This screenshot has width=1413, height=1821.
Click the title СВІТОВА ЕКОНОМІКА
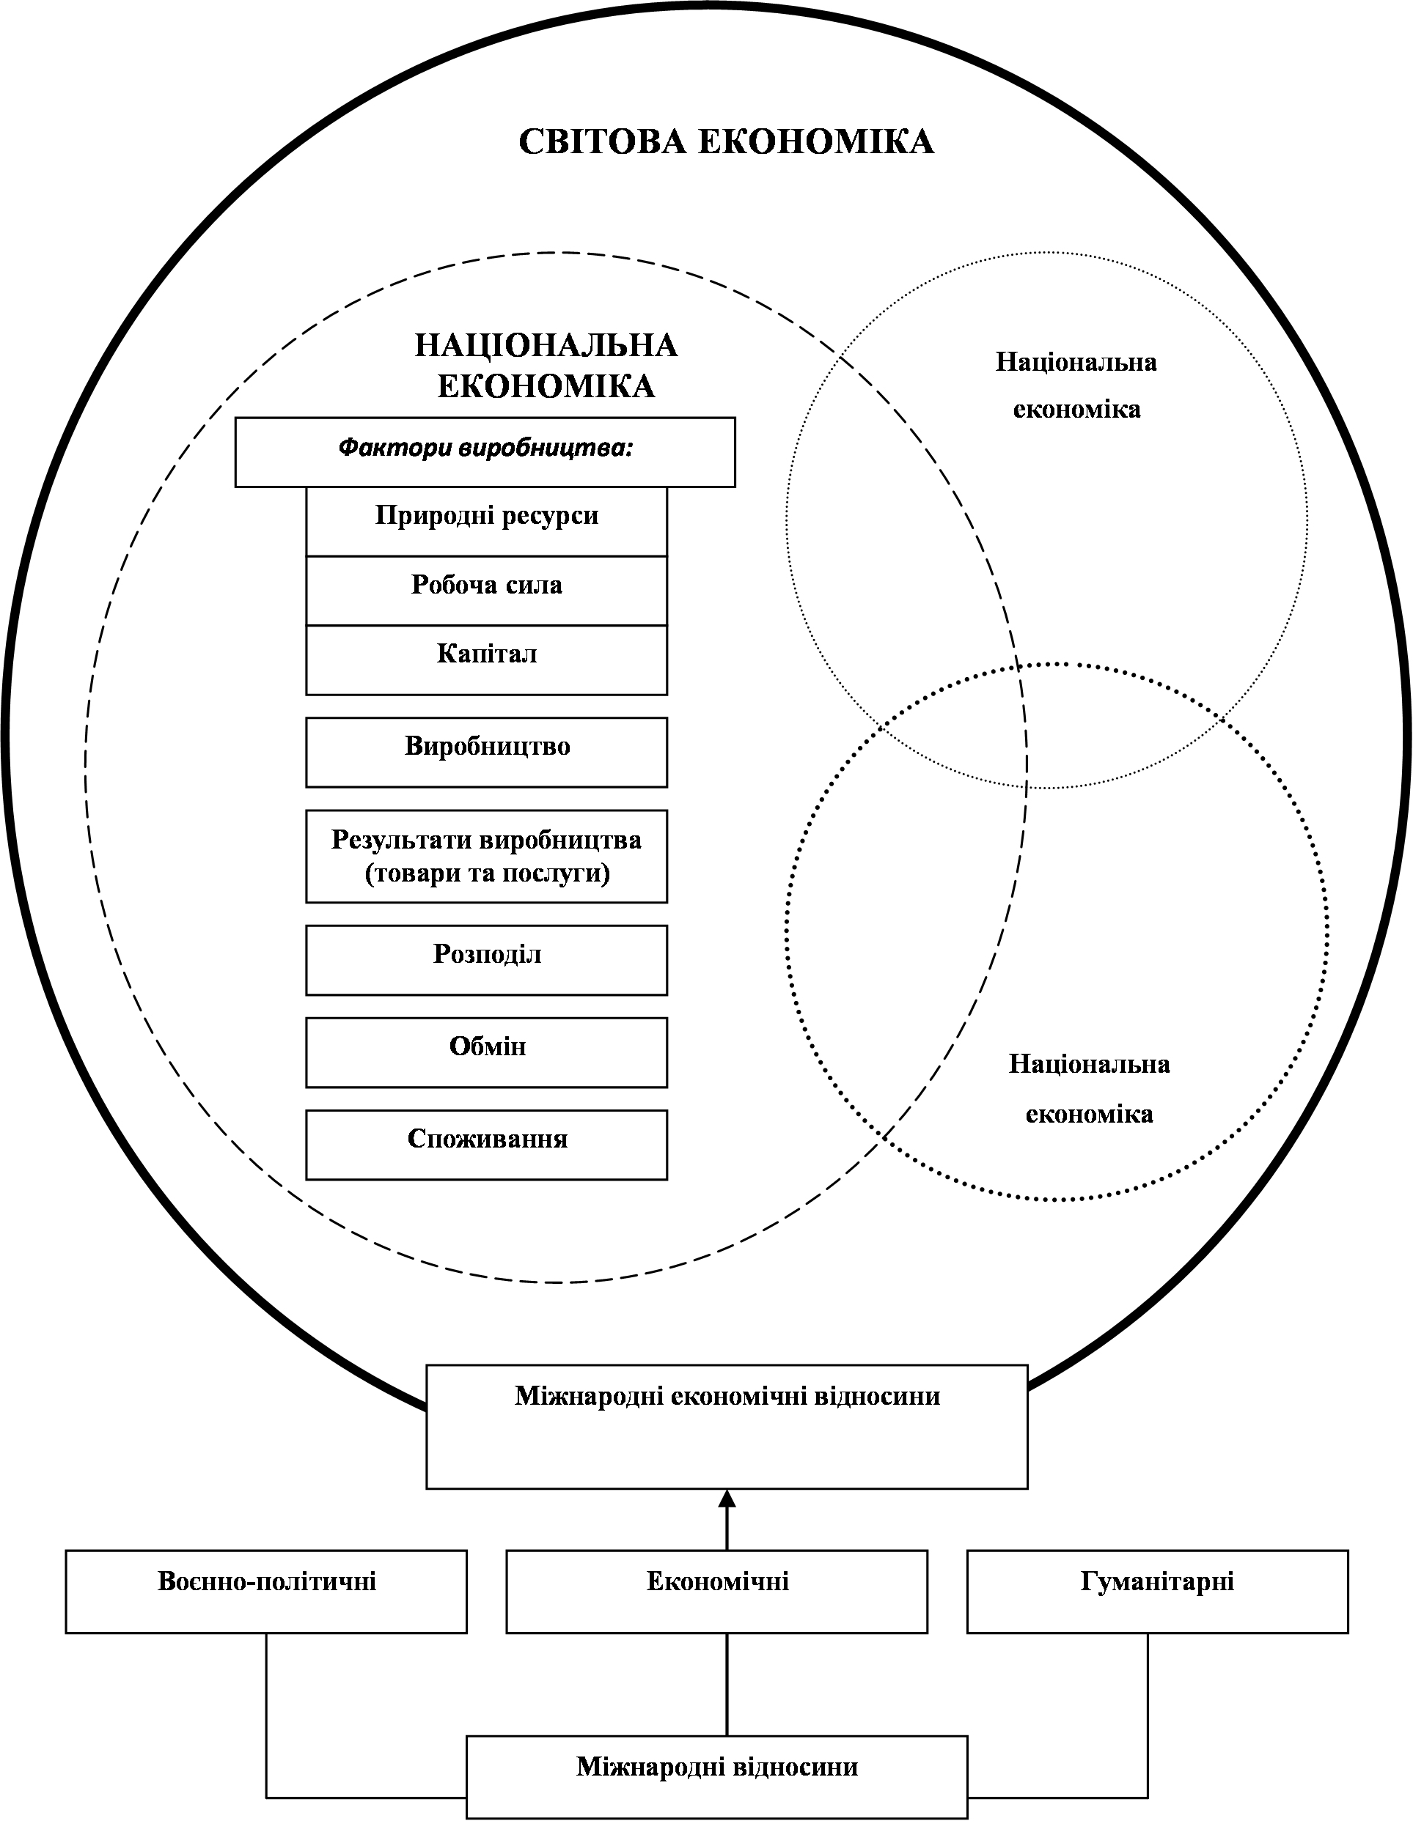coord(726,141)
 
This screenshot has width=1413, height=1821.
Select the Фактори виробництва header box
coord(485,451)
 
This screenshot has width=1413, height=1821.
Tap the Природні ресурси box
coord(486,520)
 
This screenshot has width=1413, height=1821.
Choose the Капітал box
coord(486,659)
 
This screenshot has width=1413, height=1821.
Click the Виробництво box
coord(486,751)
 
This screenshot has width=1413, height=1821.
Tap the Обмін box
coord(486,1052)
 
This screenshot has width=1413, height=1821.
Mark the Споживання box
coord(486,1144)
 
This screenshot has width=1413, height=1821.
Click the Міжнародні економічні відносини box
coord(727,1426)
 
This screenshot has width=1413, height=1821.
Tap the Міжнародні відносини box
coord(716,1777)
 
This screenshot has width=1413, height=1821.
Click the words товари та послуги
coord(487,873)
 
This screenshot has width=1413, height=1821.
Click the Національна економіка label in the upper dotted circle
coord(1076,385)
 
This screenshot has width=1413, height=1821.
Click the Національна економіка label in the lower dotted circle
coord(1088,1088)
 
